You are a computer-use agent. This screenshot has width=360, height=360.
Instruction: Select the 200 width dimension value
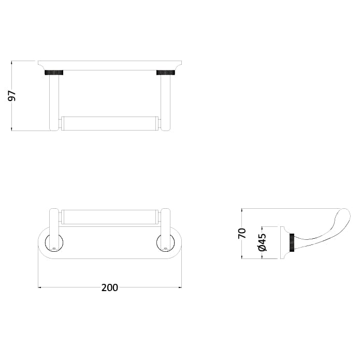click(x=109, y=287)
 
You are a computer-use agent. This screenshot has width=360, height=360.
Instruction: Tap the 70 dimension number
click(x=242, y=233)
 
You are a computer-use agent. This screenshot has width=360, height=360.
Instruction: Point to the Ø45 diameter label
click(x=262, y=242)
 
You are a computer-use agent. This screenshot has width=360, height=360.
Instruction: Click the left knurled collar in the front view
click(x=54, y=73)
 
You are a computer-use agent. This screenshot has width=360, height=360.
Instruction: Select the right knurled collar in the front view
click(x=166, y=73)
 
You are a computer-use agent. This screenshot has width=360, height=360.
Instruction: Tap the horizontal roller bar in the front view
click(x=109, y=124)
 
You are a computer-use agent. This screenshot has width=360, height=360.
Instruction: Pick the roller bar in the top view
click(x=109, y=217)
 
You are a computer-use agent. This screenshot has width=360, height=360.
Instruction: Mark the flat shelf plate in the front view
click(x=109, y=65)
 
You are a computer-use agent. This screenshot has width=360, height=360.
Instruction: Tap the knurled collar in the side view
click(x=294, y=242)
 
